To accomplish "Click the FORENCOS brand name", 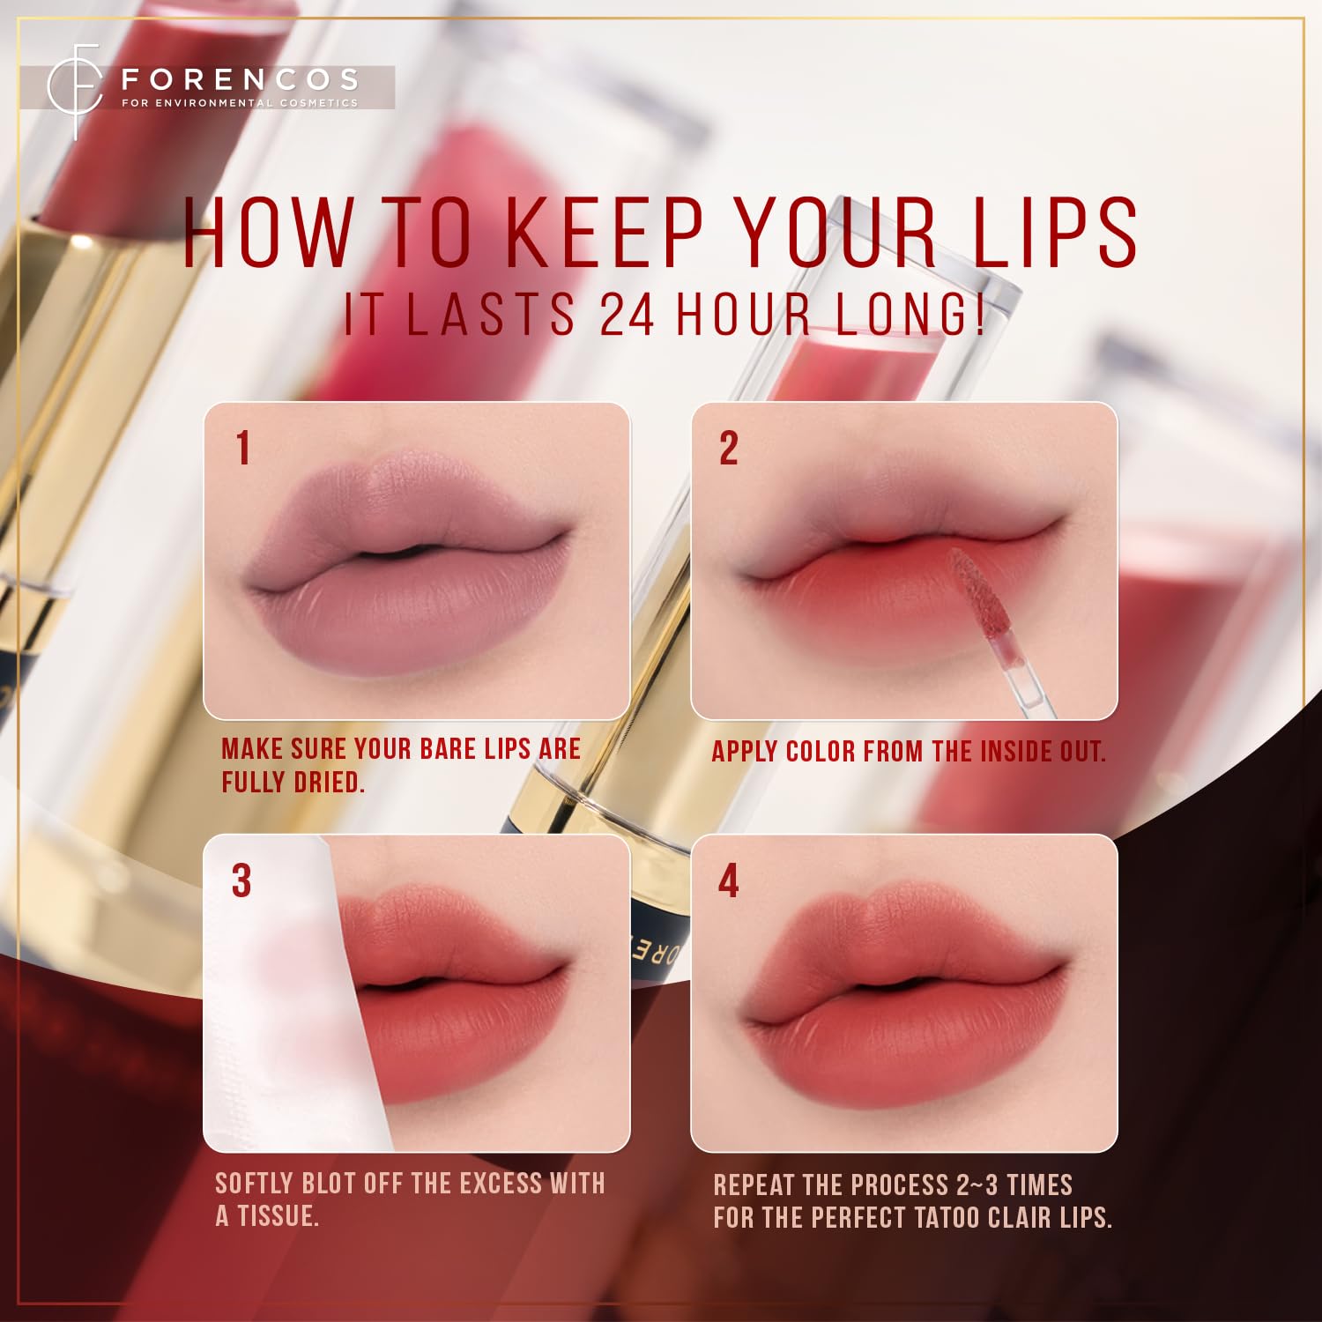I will (240, 80).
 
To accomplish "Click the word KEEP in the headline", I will (604, 233).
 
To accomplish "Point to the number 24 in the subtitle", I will (627, 315).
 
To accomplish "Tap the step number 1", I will (243, 448).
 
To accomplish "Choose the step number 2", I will (728, 448).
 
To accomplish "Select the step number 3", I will (241, 880).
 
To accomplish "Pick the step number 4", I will (728, 880).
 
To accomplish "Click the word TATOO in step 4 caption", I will (947, 1218).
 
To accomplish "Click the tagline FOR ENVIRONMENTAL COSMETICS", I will (240, 103).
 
